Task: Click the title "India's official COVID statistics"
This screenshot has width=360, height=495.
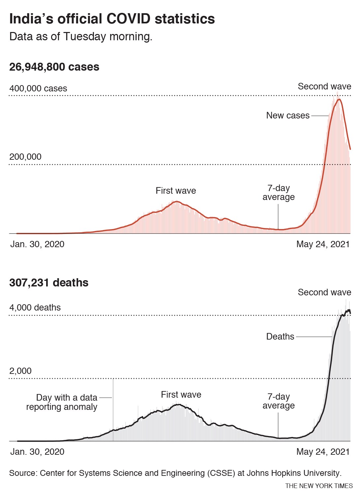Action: (112, 19)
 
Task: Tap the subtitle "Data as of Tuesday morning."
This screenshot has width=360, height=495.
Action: (81, 36)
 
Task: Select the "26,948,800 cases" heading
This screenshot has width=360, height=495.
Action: (54, 67)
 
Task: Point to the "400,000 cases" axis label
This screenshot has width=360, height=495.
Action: (38, 88)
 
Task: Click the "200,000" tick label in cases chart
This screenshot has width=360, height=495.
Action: (25, 157)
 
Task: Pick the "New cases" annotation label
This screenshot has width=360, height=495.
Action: (288, 115)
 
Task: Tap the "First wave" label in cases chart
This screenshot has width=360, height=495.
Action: (176, 191)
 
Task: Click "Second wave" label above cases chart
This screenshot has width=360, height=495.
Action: (324, 86)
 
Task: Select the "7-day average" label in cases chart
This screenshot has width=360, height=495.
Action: (279, 193)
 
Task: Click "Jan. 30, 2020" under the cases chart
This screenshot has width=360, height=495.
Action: (37, 244)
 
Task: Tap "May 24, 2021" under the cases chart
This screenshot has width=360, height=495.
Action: (323, 244)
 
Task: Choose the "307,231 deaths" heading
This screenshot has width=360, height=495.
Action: (49, 283)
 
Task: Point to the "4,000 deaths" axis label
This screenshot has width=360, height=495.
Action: (35, 308)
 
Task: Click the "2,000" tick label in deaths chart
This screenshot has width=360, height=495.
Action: (20, 371)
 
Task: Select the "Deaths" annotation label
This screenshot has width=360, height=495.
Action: (280, 337)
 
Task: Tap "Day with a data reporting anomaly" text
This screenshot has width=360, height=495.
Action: (62, 402)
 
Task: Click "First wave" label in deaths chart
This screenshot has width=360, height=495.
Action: (181, 395)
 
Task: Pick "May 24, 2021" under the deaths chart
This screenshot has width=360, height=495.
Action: (323, 452)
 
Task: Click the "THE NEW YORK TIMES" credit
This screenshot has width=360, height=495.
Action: (319, 486)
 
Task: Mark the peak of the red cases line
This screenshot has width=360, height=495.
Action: (339, 99)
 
